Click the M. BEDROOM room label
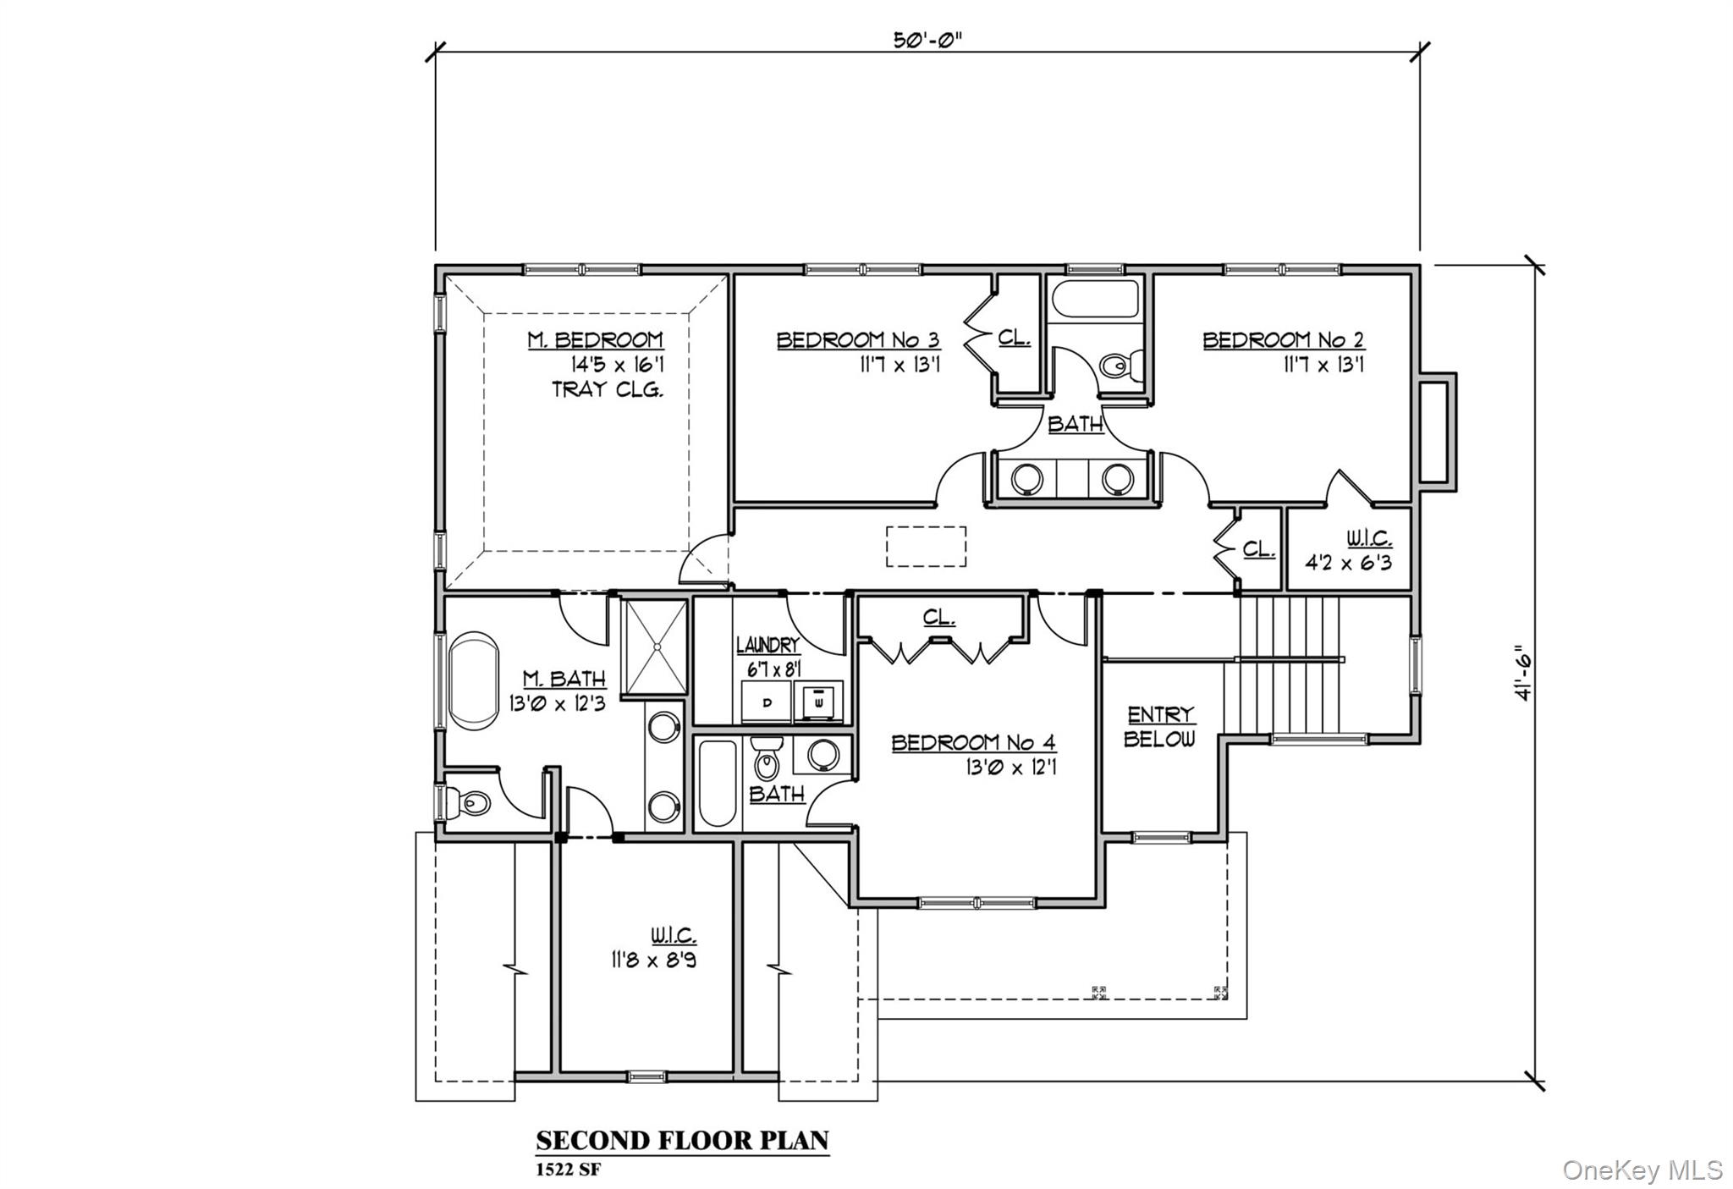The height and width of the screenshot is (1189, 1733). [x=596, y=340]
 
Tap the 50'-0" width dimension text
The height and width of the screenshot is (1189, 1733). [x=927, y=41]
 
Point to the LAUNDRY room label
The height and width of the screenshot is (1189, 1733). [x=767, y=645]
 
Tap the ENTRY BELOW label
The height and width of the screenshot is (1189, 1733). [x=1159, y=726]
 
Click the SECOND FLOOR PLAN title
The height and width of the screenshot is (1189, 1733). [x=682, y=1140]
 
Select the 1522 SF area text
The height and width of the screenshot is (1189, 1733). [x=568, y=1170]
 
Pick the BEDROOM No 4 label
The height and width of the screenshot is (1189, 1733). [x=973, y=743]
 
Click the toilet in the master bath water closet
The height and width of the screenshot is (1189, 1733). [x=470, y=801]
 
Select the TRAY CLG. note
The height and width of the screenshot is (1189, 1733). [x=607, y=389]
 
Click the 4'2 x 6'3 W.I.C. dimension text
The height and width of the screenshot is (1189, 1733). [x=1348, y=562]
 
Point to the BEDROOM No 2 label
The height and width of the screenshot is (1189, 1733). [x=1283, y=340]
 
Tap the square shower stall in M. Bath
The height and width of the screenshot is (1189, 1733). [x=655, y=647]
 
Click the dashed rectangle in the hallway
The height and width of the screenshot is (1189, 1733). [x=926, y=547]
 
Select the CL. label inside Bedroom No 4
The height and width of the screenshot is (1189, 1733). [x=938, y=617]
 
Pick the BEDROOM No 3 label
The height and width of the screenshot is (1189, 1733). [x=857, y=340]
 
